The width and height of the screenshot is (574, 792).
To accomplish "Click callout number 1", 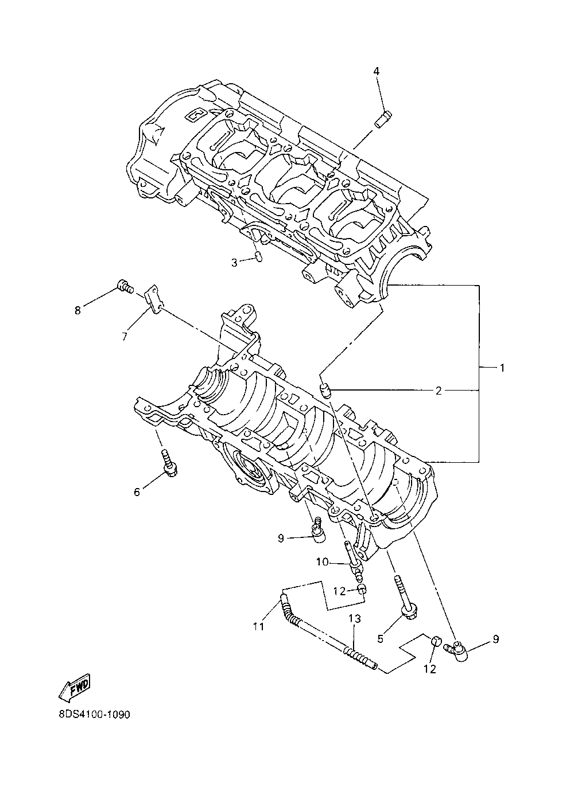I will (502, 368).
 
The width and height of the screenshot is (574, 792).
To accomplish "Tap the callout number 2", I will (439, 391).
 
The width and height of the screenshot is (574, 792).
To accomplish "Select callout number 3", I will (234, 263).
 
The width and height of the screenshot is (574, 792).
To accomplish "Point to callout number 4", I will (377, 71).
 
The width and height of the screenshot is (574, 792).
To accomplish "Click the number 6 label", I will (137, 491).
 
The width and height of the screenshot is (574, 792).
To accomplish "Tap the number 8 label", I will (78, 310).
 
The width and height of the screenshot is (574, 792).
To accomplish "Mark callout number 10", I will (322, 562).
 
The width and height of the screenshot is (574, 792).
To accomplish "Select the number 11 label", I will (258, 626).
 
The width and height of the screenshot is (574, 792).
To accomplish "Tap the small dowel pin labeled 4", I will (382, 120).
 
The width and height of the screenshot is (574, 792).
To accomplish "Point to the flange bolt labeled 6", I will (169, 463).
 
